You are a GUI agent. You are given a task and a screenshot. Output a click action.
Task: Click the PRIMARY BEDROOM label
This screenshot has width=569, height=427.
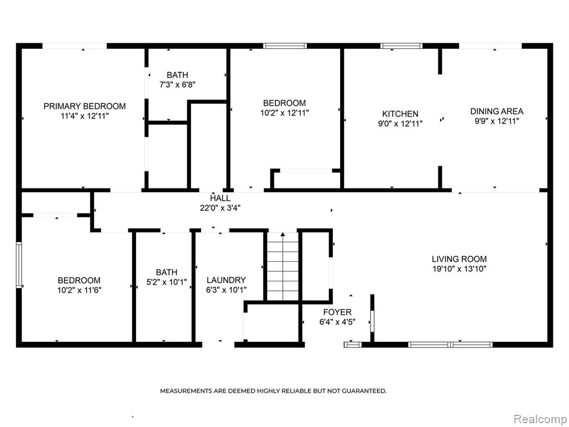[84, 106]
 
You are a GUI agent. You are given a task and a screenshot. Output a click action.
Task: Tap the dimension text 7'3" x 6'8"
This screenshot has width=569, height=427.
[177, 85]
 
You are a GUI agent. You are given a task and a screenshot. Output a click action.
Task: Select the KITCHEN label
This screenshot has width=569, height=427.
[400, 113]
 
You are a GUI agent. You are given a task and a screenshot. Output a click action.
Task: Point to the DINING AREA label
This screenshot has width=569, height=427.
[497, 111]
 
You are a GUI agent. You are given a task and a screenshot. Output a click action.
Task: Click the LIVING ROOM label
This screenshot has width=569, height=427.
[459, 259]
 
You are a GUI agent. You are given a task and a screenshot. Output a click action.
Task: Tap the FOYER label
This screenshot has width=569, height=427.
[337, 312]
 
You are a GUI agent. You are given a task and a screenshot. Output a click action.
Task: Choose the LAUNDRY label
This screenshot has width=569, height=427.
[226, 280]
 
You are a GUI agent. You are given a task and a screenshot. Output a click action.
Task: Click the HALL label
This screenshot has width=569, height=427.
[220, 198]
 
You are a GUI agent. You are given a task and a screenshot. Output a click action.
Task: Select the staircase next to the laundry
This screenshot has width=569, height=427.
[283, 266]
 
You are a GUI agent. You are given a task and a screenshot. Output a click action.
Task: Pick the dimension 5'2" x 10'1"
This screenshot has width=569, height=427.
[167, 282]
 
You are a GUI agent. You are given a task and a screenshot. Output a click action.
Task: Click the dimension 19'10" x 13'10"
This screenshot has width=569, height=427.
[459, 269]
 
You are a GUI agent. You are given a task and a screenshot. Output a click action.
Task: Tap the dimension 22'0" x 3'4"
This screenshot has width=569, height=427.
[220, 208]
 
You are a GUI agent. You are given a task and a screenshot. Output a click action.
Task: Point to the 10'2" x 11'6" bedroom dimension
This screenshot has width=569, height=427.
[79, 290]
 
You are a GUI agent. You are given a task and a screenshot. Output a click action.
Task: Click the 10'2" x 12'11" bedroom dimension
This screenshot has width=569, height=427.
[284, 112]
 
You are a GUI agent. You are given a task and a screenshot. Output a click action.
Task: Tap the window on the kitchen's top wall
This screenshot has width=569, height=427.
[401, 46]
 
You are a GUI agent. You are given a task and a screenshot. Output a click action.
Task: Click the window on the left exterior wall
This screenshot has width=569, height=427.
[19, 265]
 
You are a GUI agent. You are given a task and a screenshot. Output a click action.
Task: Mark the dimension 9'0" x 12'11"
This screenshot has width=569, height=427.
[400, 123]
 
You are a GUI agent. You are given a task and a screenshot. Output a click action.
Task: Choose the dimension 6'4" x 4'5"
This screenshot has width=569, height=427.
[337, 322]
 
